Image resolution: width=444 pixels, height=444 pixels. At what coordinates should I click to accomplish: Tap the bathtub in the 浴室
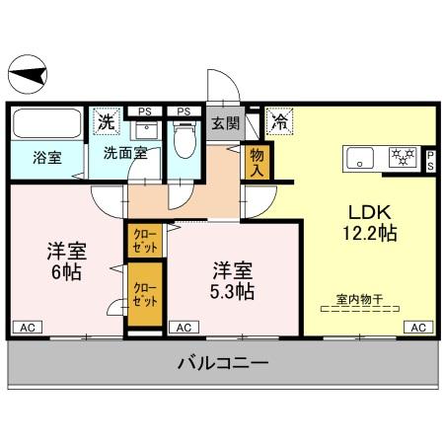pyautogui.click(x=49, y=125)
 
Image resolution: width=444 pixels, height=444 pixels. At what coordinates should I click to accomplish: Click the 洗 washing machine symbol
pyautogui.click(x=106, y=123)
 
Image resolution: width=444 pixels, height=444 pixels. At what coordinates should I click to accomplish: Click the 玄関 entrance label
pyautogui.click(x=225, y=124)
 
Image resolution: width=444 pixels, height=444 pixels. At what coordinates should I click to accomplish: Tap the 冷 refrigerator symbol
pyautogui.click(x=281, y=124)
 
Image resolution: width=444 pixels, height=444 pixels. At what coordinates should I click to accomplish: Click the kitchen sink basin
pyautogui.click(x=359, y=157)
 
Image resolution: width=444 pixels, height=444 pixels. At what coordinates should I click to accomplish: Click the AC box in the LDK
pyautogui.click(x=417, y=327)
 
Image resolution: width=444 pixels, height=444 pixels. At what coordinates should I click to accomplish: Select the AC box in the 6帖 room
pyautogui.click(x=28, y=327)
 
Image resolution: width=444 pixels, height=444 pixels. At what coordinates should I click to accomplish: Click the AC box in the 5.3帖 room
pyautogui.click(x=183, y=327)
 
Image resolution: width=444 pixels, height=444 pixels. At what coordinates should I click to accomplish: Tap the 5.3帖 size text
pyautogui.click(x=233, y=292)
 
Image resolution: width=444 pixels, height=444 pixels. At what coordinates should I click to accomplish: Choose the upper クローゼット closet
pyautogui.click(x=144, y=240)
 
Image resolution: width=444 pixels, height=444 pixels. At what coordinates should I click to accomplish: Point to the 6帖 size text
pyautogui.click(x=64, y=271)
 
